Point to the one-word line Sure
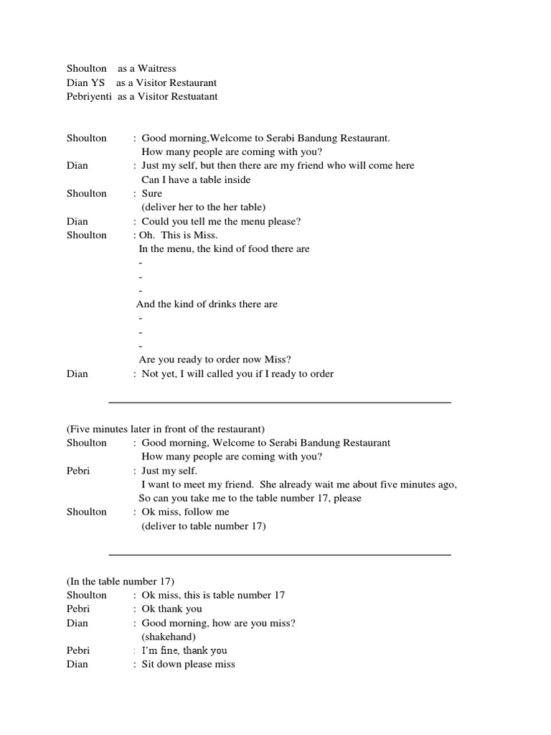152,193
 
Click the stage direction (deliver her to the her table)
204,207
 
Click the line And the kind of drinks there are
207,304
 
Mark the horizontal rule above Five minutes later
279,403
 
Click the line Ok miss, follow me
185,512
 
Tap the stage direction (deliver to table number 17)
204,526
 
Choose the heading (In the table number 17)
121,581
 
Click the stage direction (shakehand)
169,637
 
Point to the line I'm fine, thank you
184,650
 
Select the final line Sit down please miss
188,664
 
